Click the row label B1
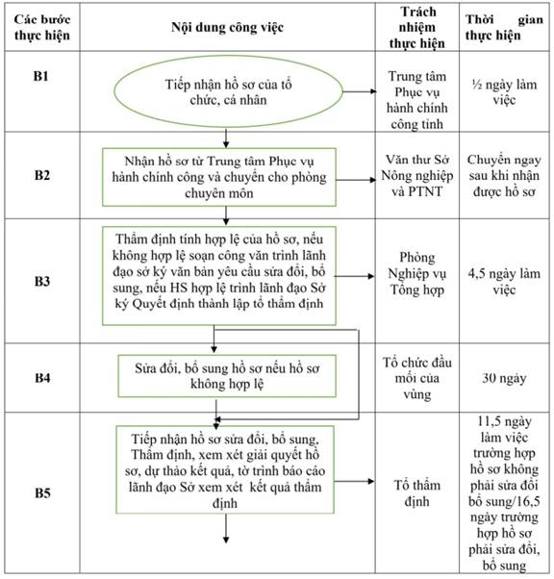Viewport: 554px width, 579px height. tap(41, 76)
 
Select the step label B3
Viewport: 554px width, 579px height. tap(42, 281)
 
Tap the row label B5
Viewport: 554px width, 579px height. tap(42, 492)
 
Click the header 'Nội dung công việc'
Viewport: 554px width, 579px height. tap(227, 27)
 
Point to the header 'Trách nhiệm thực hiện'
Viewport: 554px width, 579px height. tap(417, 27)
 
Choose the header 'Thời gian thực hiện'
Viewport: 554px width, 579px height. tap(504, 27)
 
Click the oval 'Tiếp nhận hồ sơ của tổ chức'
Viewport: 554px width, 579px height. tap(228, 91)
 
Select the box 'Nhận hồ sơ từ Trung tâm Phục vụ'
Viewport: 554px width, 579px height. tap(219, 177)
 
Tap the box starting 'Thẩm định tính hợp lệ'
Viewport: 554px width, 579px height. tap(219, 275)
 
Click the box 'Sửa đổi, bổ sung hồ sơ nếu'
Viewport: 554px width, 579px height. tap(227, 376)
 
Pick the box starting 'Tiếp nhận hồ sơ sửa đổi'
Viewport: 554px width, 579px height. tap(225, 469)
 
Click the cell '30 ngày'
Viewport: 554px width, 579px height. tap(504, 378)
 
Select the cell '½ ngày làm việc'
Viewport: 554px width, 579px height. tap(504, 92)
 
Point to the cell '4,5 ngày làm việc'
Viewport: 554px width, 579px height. tap(504, 282)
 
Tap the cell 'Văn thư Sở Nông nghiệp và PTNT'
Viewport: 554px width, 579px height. tap(417, 175)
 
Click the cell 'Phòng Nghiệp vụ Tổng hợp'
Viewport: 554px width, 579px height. tap(417, 273)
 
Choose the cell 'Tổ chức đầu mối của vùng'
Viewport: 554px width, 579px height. tap(417, 378)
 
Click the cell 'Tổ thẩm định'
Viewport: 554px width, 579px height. tap(417, 493)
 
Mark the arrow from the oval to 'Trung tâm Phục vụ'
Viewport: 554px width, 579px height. tap(360, 91)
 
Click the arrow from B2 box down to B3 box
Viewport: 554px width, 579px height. tap(226, 215)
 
